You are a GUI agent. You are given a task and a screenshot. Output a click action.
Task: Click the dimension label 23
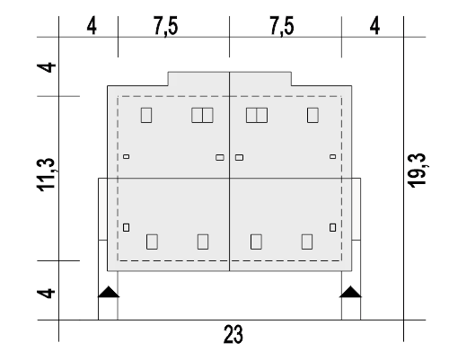click(233, 334)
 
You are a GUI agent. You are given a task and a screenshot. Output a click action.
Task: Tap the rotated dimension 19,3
click(418, 171)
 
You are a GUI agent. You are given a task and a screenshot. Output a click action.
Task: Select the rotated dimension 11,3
click(46, 174)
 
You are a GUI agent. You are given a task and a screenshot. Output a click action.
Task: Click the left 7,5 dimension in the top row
click(165, 26)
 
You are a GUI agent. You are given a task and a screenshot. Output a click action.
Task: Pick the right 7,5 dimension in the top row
click(282, 26)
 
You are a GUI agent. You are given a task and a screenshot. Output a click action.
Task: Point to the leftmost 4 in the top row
click(92, 26)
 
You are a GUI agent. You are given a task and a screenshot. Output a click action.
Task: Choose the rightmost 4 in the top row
click(374, 26)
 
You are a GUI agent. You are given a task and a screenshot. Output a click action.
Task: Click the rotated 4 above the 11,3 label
click(46, 67)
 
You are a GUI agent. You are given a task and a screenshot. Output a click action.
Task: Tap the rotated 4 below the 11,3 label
click(46, 294)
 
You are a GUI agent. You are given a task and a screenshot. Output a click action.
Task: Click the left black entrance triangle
click(109, 292)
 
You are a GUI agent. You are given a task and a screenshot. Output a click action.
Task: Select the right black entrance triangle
click(350, 292)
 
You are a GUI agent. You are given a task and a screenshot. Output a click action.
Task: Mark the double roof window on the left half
click(202, 115)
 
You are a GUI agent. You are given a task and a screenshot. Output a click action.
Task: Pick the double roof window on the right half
click(257, 115)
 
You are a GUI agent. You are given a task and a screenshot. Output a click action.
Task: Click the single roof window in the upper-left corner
click(146, 115)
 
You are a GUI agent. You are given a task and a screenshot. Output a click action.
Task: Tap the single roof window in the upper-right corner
click(313, 115)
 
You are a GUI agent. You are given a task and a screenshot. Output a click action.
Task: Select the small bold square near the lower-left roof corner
click(127, 227)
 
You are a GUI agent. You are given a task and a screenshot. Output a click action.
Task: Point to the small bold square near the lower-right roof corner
click(332, 227)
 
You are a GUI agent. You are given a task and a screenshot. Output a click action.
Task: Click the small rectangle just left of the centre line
click(220, 157)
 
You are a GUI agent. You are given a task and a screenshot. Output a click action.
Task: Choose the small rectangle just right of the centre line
click(239, 157)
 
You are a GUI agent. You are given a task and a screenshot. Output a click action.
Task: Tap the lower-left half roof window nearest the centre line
click(203, 241)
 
